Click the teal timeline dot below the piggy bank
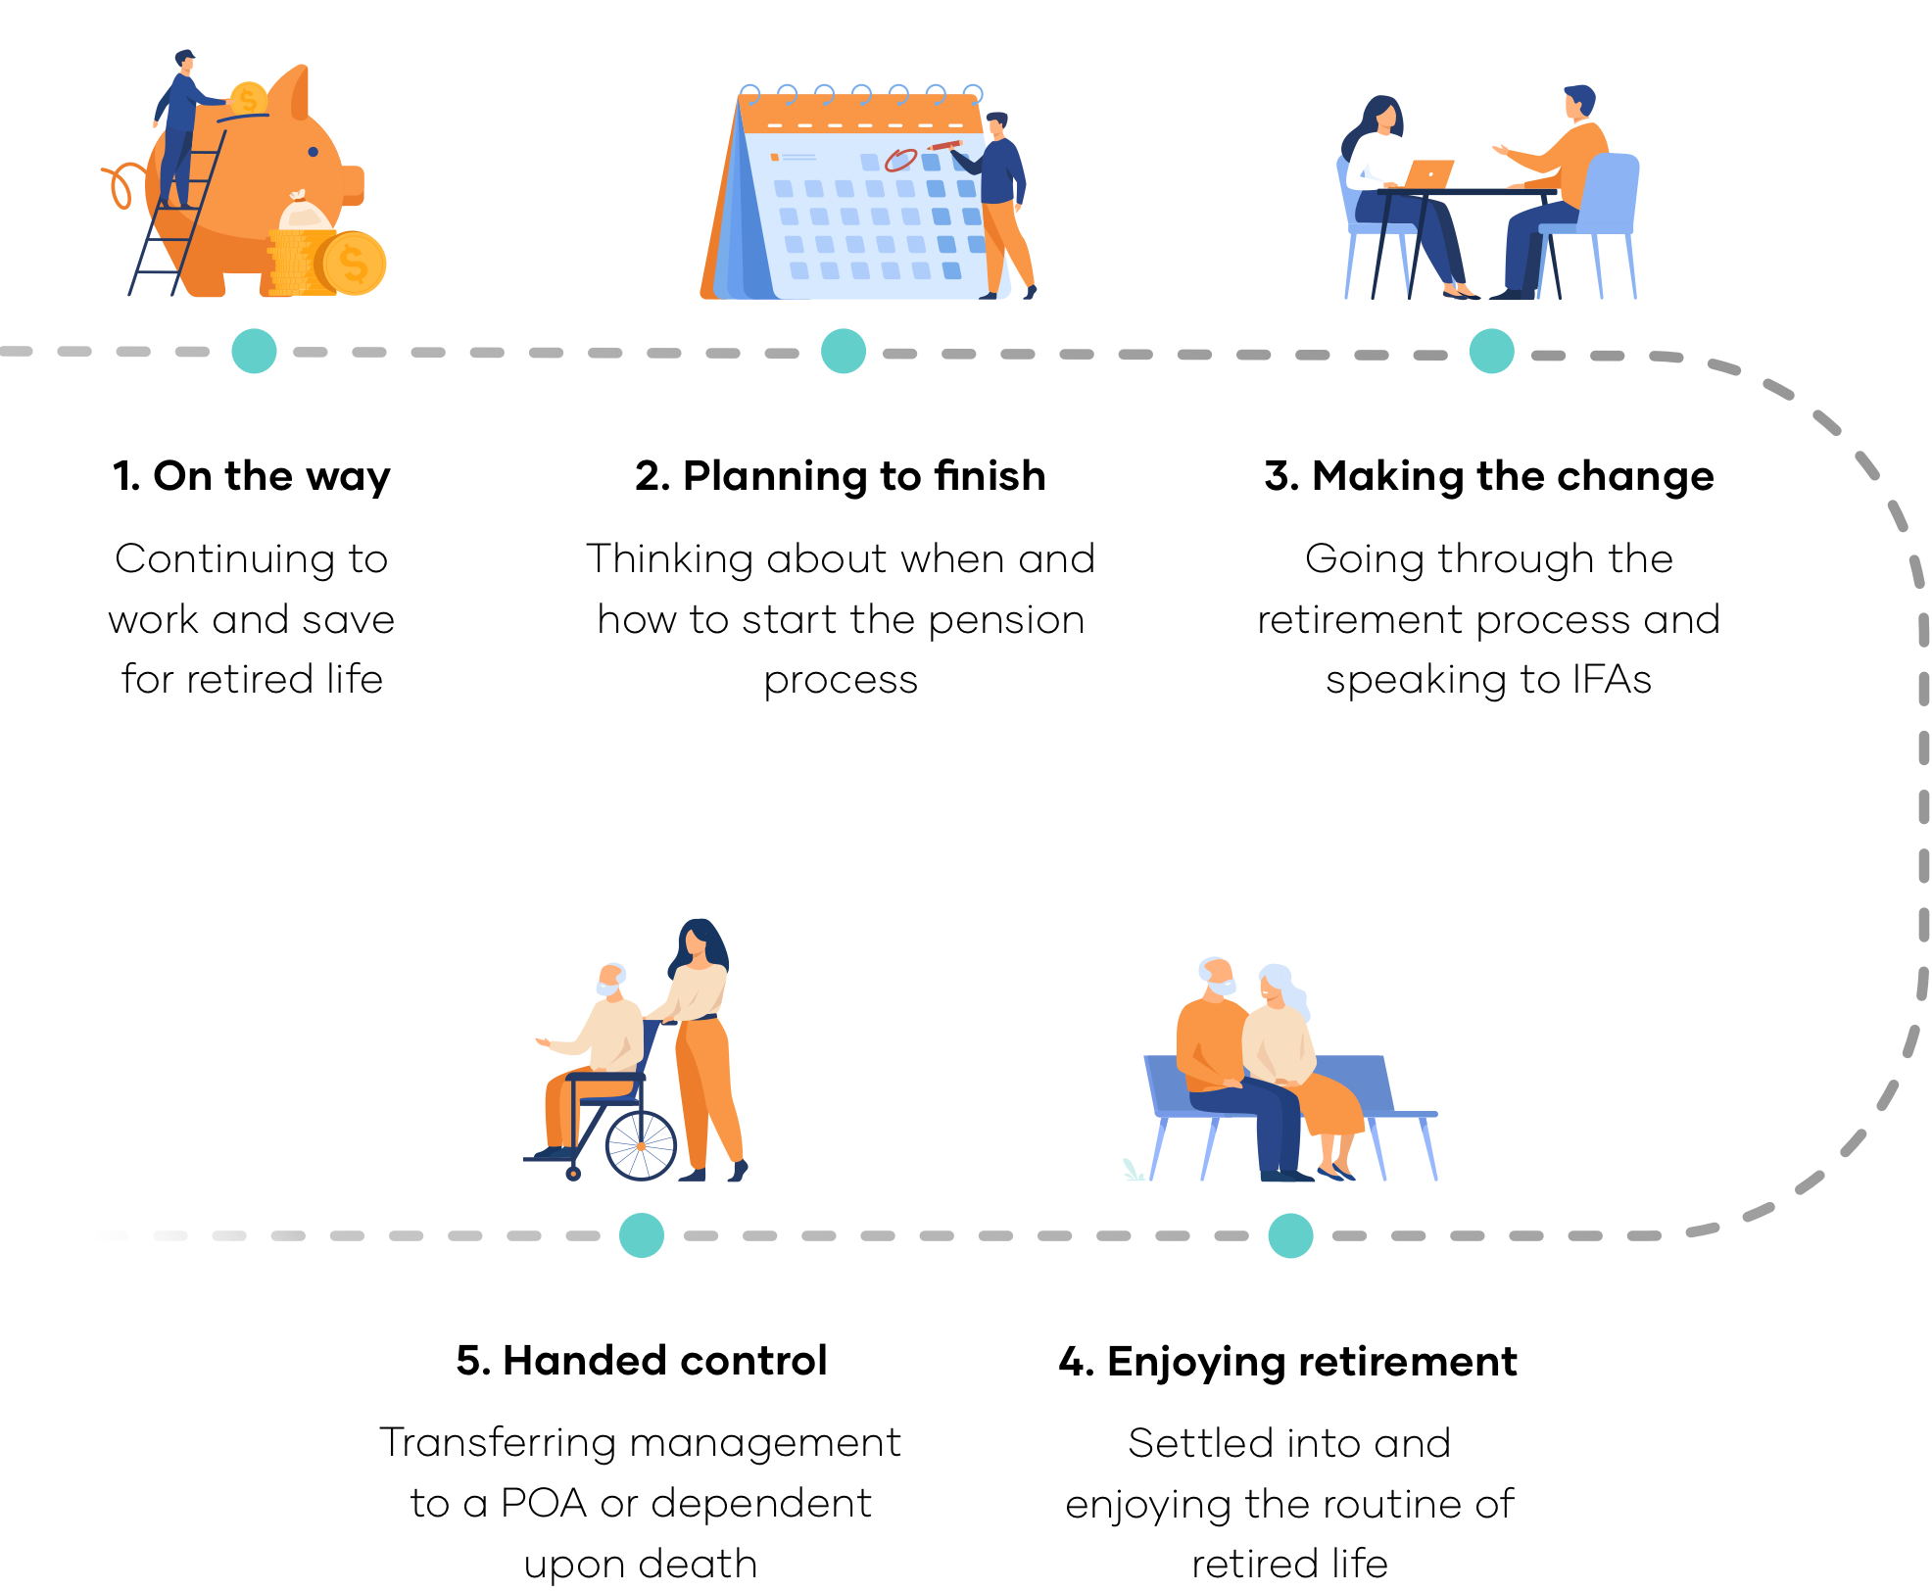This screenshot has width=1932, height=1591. click(x=254, y=351)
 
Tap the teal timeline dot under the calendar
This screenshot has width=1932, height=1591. click(x=844, y=351)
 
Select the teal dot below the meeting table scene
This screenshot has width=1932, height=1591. click(x=1492, y=351)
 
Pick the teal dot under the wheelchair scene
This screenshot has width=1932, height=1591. click(x=642, y=1234)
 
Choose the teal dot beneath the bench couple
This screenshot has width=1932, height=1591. click(x=1291, y=1234)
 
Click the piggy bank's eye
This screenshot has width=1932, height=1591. click(x=314, y=152)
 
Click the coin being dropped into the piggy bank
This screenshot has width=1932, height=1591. click(x=248, y=99)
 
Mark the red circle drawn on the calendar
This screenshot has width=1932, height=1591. click(x=900, y=160)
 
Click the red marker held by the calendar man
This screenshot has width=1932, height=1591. click(x=945, y=146)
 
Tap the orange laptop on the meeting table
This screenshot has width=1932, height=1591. click(x=1429, y=173)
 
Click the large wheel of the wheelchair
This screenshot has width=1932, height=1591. click(x=641, y=1145)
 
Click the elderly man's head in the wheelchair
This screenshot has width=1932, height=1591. click(x=611, y=979)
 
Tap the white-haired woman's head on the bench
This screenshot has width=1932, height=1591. click(x=1275, y=986)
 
